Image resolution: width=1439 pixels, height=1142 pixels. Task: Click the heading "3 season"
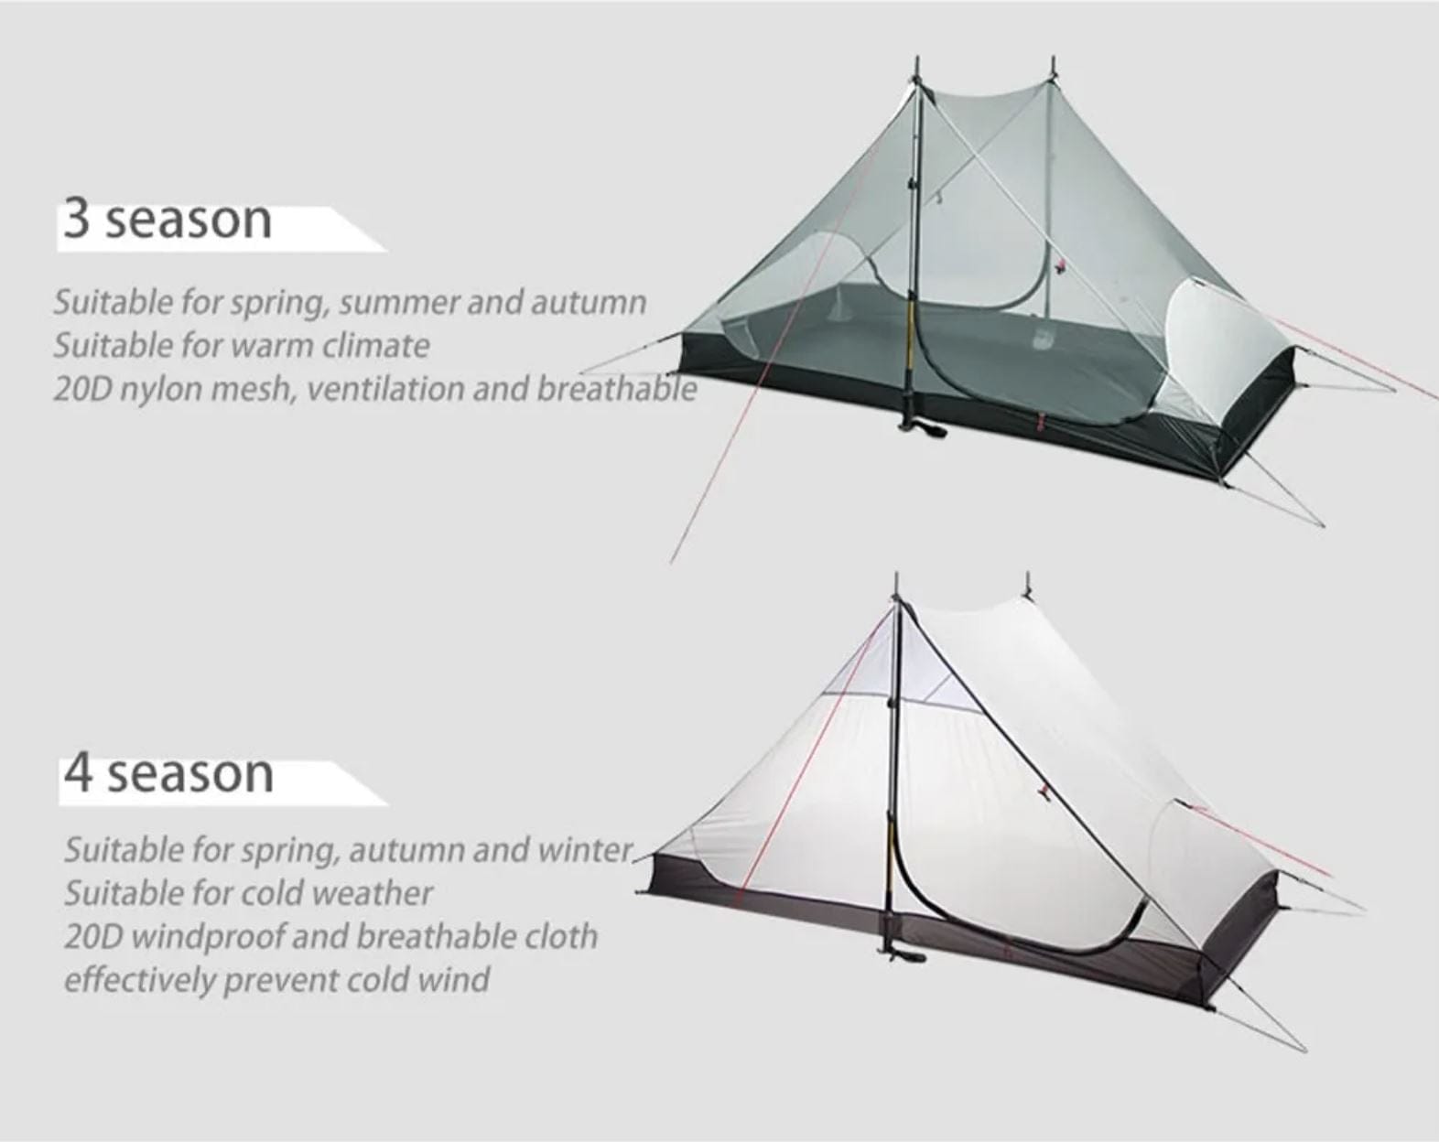click(168, 220)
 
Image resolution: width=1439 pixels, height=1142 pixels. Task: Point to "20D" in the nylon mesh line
click(81, 389)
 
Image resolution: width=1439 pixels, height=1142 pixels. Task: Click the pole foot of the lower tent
click(901, 956)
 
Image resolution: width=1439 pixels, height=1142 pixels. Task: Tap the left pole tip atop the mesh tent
click(916, 66)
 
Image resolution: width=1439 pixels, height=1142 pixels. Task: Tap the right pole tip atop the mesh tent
click(1053, 66)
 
